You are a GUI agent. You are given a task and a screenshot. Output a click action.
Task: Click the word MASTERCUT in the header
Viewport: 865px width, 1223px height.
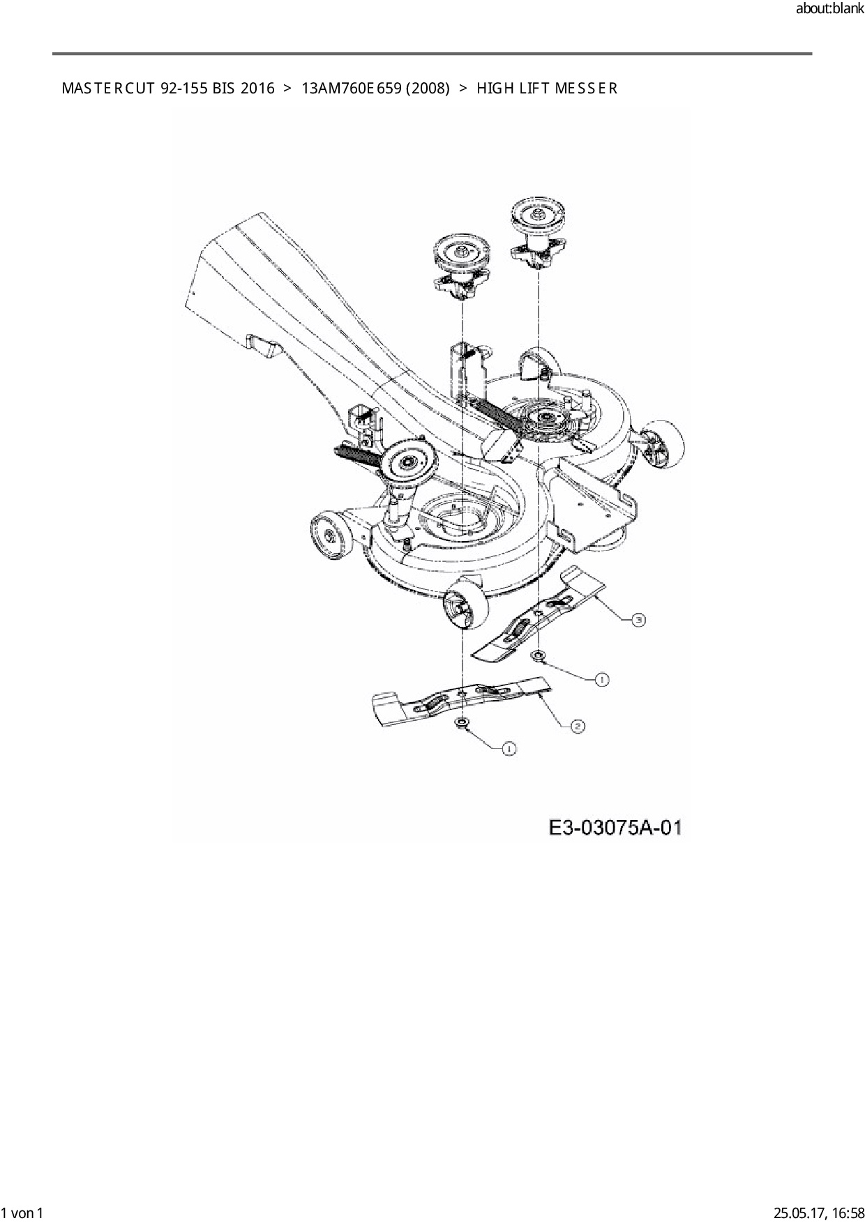(x=107, y=89)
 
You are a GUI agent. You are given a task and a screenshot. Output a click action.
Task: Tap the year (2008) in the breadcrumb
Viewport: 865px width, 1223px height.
(x=426, y=89)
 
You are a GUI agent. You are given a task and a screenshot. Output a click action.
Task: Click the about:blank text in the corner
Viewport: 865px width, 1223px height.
(x=829, y=9)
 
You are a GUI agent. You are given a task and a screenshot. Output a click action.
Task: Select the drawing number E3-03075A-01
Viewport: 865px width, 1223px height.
(x=615, y=828)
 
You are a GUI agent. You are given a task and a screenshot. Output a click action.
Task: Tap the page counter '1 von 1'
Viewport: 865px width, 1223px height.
(x=22, y=1213)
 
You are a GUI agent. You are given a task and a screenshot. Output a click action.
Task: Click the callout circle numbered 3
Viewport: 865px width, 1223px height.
(x=638, y=619)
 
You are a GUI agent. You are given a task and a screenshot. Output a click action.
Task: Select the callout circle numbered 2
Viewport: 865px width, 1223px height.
(x=577, y=727)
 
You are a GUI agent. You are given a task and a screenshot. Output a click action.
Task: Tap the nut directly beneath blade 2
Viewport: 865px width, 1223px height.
(x=461, y=723)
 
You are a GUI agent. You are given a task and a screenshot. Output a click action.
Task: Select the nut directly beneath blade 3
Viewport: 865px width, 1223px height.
(x=539, y=656)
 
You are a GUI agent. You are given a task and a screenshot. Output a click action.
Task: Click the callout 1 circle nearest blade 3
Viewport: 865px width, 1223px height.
(x=601, y=679)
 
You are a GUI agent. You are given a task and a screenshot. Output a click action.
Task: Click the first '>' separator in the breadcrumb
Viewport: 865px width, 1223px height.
(x=287, y=89)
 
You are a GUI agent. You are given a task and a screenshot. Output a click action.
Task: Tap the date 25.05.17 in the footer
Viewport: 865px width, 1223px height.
(x=797, y=1213)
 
